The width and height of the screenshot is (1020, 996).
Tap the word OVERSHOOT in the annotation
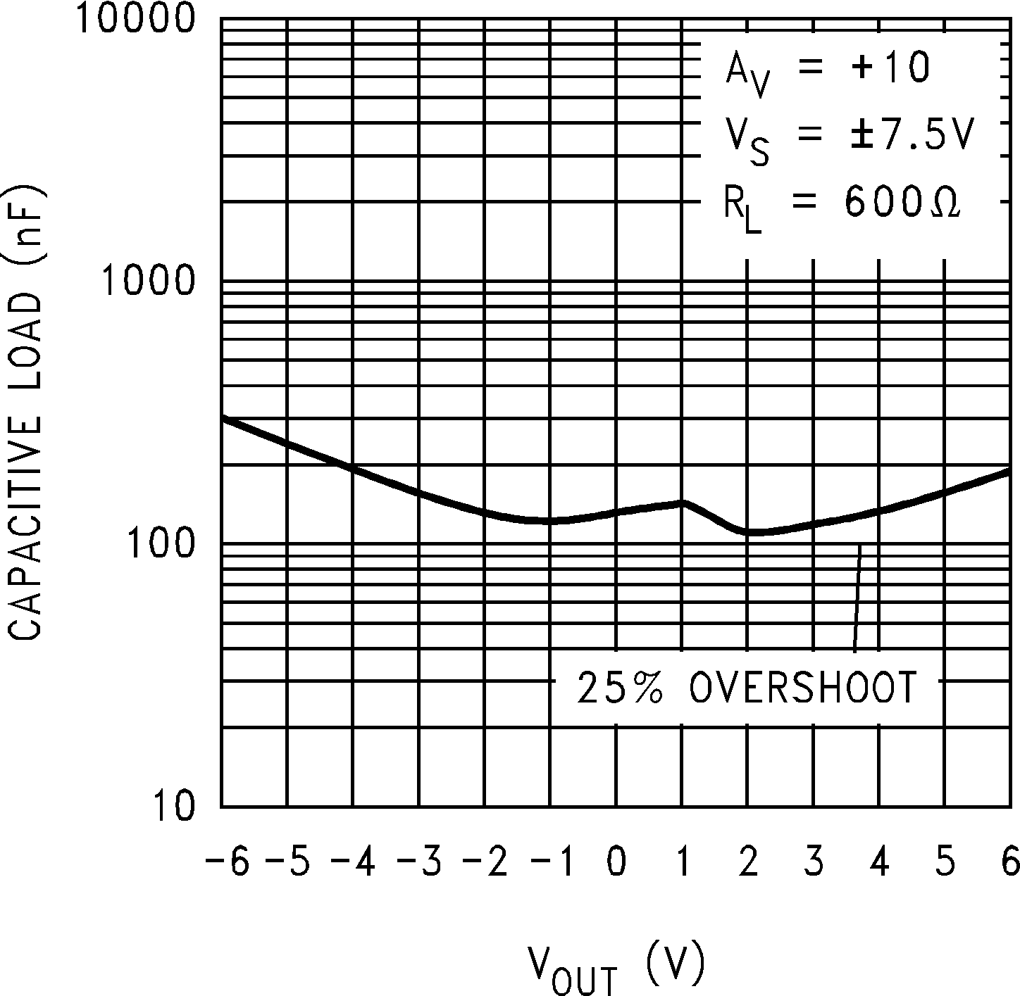click(803, 687)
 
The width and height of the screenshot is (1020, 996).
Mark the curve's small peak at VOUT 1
click(682, 503)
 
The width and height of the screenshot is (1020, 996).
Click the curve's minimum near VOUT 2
click(752, 531)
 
